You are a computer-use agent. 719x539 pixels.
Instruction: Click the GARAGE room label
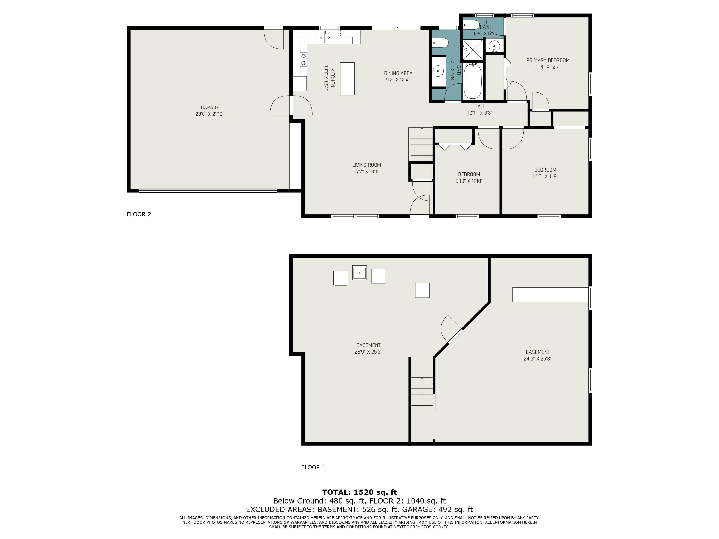210,108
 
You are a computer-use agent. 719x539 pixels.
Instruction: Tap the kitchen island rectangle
347,79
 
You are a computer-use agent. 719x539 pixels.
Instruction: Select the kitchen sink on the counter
325,38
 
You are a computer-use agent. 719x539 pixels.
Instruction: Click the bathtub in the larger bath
472,81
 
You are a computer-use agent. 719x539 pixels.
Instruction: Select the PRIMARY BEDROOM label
548,60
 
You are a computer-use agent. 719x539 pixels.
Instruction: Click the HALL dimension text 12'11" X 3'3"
480,113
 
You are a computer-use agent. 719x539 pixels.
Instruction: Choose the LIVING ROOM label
366,165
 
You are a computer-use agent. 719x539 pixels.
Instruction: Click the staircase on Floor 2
422,145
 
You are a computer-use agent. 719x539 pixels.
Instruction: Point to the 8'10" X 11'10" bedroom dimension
469,181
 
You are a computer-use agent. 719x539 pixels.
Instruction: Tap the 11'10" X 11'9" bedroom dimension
545,176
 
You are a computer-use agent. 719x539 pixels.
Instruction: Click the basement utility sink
359,273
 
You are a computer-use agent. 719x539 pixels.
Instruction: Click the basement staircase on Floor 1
422,394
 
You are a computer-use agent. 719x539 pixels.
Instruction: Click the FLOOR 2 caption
139,214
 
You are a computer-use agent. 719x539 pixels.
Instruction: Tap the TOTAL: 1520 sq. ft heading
359,492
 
